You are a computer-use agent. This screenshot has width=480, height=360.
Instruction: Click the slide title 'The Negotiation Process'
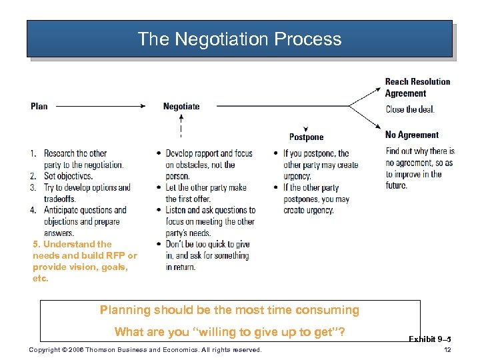tap(239, 39)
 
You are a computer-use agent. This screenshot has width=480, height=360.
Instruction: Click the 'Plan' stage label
tap(39, 106)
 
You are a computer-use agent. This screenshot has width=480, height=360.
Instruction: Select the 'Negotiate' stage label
tap(181, 106)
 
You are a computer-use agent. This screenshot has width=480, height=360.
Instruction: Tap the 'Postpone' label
tap(306, 137)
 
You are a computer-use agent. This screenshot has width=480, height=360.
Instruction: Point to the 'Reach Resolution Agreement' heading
tap(417, 87)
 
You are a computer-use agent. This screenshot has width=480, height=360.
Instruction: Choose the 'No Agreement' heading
tap(412, 135)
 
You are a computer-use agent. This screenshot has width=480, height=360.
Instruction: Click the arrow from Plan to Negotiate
tap(100, 105)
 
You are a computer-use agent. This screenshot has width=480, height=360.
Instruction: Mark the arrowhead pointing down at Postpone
tap(305, 128)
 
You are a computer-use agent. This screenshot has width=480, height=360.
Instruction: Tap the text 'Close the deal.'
tap(410, 110)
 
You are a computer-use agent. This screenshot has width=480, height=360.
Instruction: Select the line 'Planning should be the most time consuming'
tap(229, 310)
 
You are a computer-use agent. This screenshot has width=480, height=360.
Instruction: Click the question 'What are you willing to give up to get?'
tap(229, 332)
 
